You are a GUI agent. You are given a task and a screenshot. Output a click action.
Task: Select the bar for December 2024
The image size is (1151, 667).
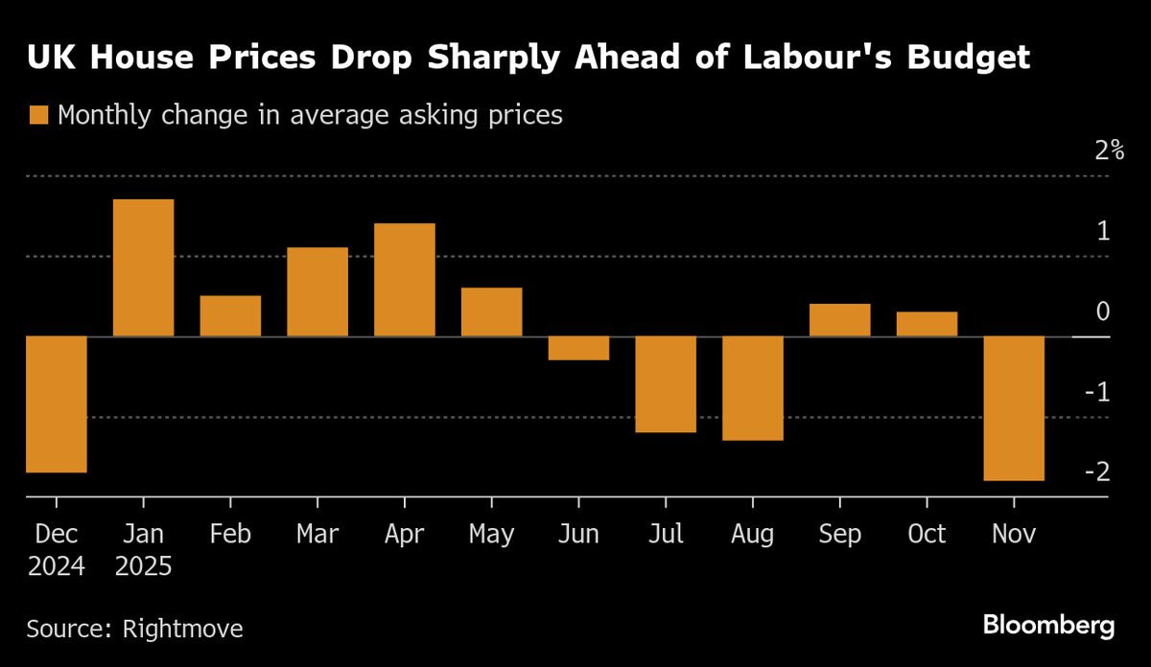pos(57,403)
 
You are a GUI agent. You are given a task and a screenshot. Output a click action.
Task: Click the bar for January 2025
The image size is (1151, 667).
pos(144,267)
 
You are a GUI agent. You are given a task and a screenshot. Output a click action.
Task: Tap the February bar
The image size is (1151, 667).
pos(230,315)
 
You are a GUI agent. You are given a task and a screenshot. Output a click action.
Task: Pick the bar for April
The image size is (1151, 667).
pos(405,279)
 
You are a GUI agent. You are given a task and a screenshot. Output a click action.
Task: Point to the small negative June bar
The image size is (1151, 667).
pos(578,348)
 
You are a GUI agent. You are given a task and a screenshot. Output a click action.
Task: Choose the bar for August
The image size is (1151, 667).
pos(753,388)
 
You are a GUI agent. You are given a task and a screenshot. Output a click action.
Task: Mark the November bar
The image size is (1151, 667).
pos(1014,408)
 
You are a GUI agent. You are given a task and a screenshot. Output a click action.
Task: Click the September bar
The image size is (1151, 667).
pos(839,319)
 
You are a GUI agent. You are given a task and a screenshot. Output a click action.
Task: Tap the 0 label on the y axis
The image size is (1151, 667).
pos(1102,311)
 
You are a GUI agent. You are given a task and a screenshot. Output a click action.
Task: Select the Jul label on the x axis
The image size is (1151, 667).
pos(665,534)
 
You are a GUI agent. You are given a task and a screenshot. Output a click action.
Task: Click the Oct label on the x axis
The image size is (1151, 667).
pos(927,534)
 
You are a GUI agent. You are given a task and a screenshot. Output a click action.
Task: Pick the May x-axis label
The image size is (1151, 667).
pos(491,535)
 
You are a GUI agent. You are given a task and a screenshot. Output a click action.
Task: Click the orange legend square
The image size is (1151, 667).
pos(38,116)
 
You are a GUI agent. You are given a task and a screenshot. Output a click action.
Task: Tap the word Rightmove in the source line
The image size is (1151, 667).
pos(182,629)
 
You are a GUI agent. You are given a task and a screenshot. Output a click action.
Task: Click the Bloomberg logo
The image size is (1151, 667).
pos(1048,627)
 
